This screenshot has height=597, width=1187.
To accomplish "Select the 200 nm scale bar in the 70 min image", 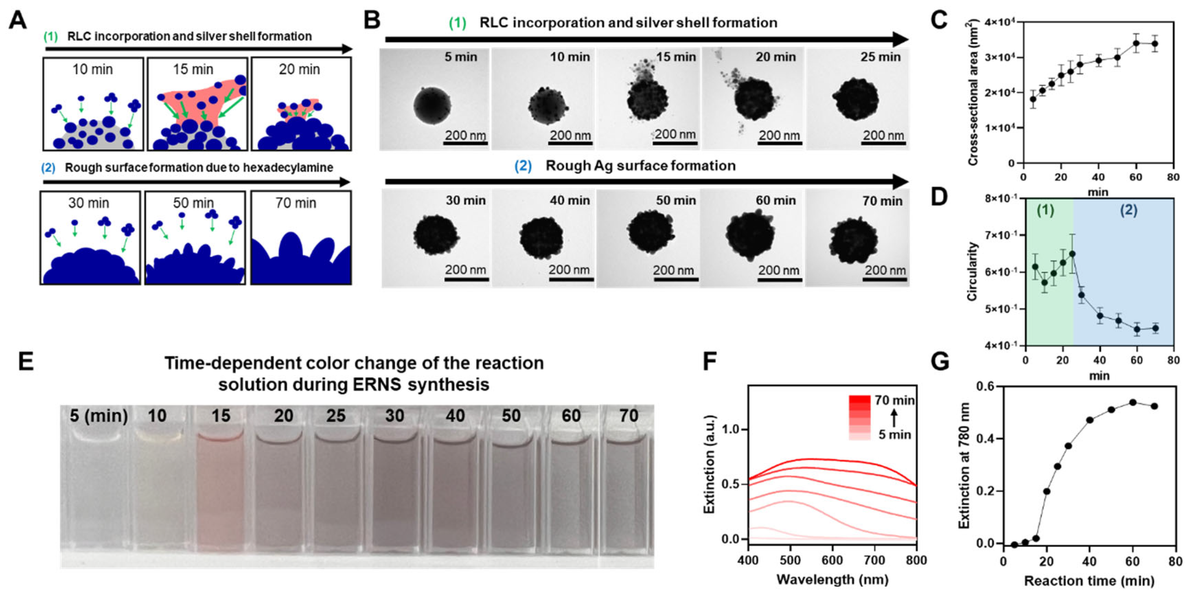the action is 885,279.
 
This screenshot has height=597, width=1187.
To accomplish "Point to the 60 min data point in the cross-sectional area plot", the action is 1136,43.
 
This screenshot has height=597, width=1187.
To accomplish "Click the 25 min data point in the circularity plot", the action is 1072,254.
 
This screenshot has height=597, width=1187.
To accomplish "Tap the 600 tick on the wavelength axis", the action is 832,560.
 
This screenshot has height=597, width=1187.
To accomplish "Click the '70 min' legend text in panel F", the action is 894,400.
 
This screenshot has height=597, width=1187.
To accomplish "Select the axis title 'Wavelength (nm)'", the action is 832,579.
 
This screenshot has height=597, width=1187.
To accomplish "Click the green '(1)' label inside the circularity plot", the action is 1045,210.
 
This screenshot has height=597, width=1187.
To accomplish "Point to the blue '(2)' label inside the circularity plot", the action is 1129,210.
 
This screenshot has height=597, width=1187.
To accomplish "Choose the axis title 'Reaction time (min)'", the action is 1089,581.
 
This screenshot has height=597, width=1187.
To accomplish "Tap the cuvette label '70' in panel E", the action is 629,416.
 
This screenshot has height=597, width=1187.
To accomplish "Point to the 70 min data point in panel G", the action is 1154,406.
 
